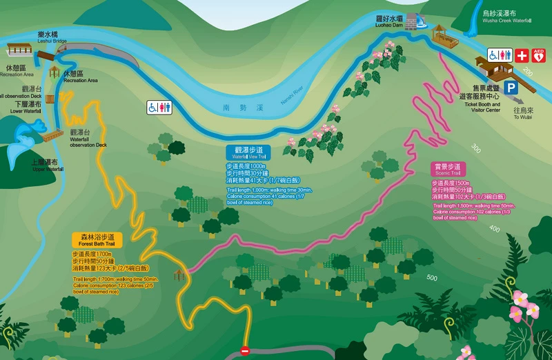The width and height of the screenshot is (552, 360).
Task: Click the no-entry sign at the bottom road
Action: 244,351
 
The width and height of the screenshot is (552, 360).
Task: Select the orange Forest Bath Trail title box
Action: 97,240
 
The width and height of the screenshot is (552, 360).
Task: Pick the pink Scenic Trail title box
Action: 447,168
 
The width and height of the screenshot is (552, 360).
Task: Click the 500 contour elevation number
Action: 433,278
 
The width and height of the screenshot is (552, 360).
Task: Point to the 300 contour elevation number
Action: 475,148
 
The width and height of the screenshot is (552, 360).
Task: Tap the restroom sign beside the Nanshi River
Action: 158,107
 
